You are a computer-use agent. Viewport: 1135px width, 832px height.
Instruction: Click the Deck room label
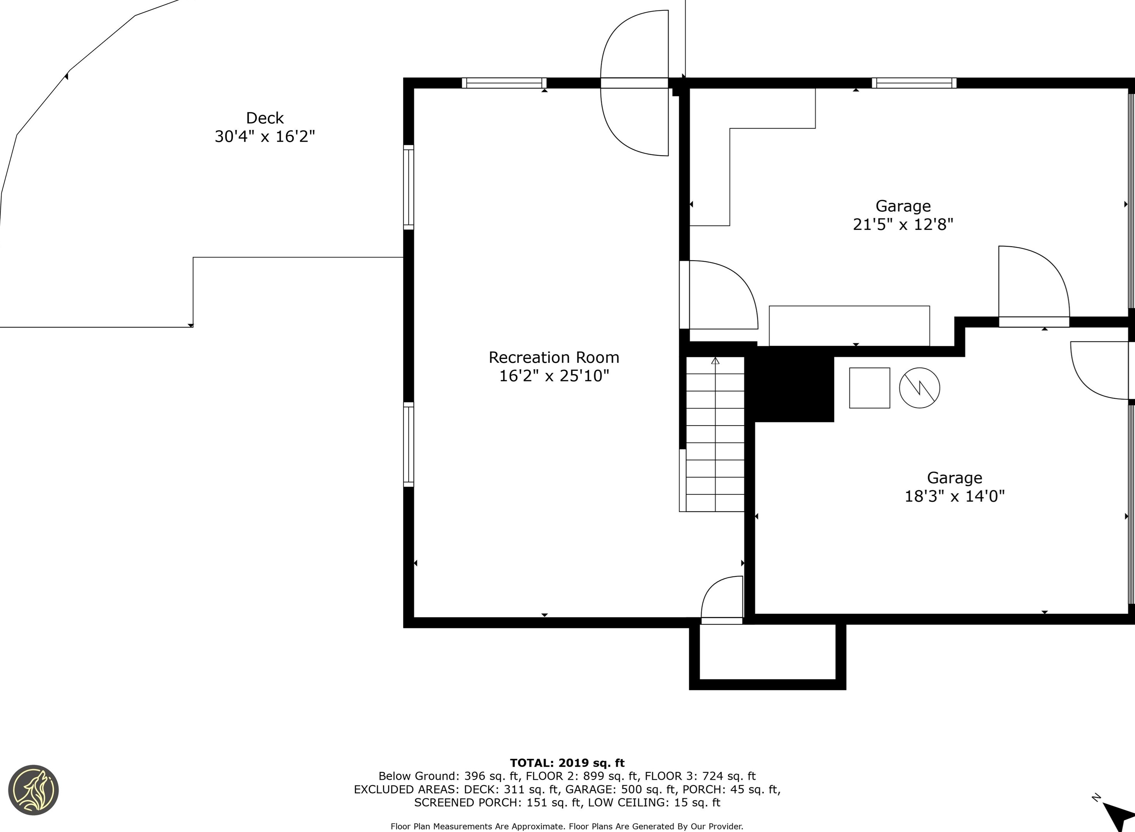(x=265, y=118)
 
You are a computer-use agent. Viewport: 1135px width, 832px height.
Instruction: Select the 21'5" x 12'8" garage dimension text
(x=903, y=224)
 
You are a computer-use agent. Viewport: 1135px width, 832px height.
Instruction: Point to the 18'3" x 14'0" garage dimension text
(x=955, y=496)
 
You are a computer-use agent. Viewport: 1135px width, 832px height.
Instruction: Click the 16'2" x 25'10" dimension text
(x=554, y=376)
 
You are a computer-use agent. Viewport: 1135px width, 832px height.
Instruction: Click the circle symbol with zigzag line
(x=919, y=388)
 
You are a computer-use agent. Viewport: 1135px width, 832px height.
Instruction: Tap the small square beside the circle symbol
(x=869, y=388)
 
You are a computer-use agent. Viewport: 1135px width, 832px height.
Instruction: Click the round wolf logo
(x=34, y=790)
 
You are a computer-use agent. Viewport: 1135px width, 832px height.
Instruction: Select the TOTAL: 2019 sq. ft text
(x=567, y=763)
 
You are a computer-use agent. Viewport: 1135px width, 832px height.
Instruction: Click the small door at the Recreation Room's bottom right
(x=722, y=600)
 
